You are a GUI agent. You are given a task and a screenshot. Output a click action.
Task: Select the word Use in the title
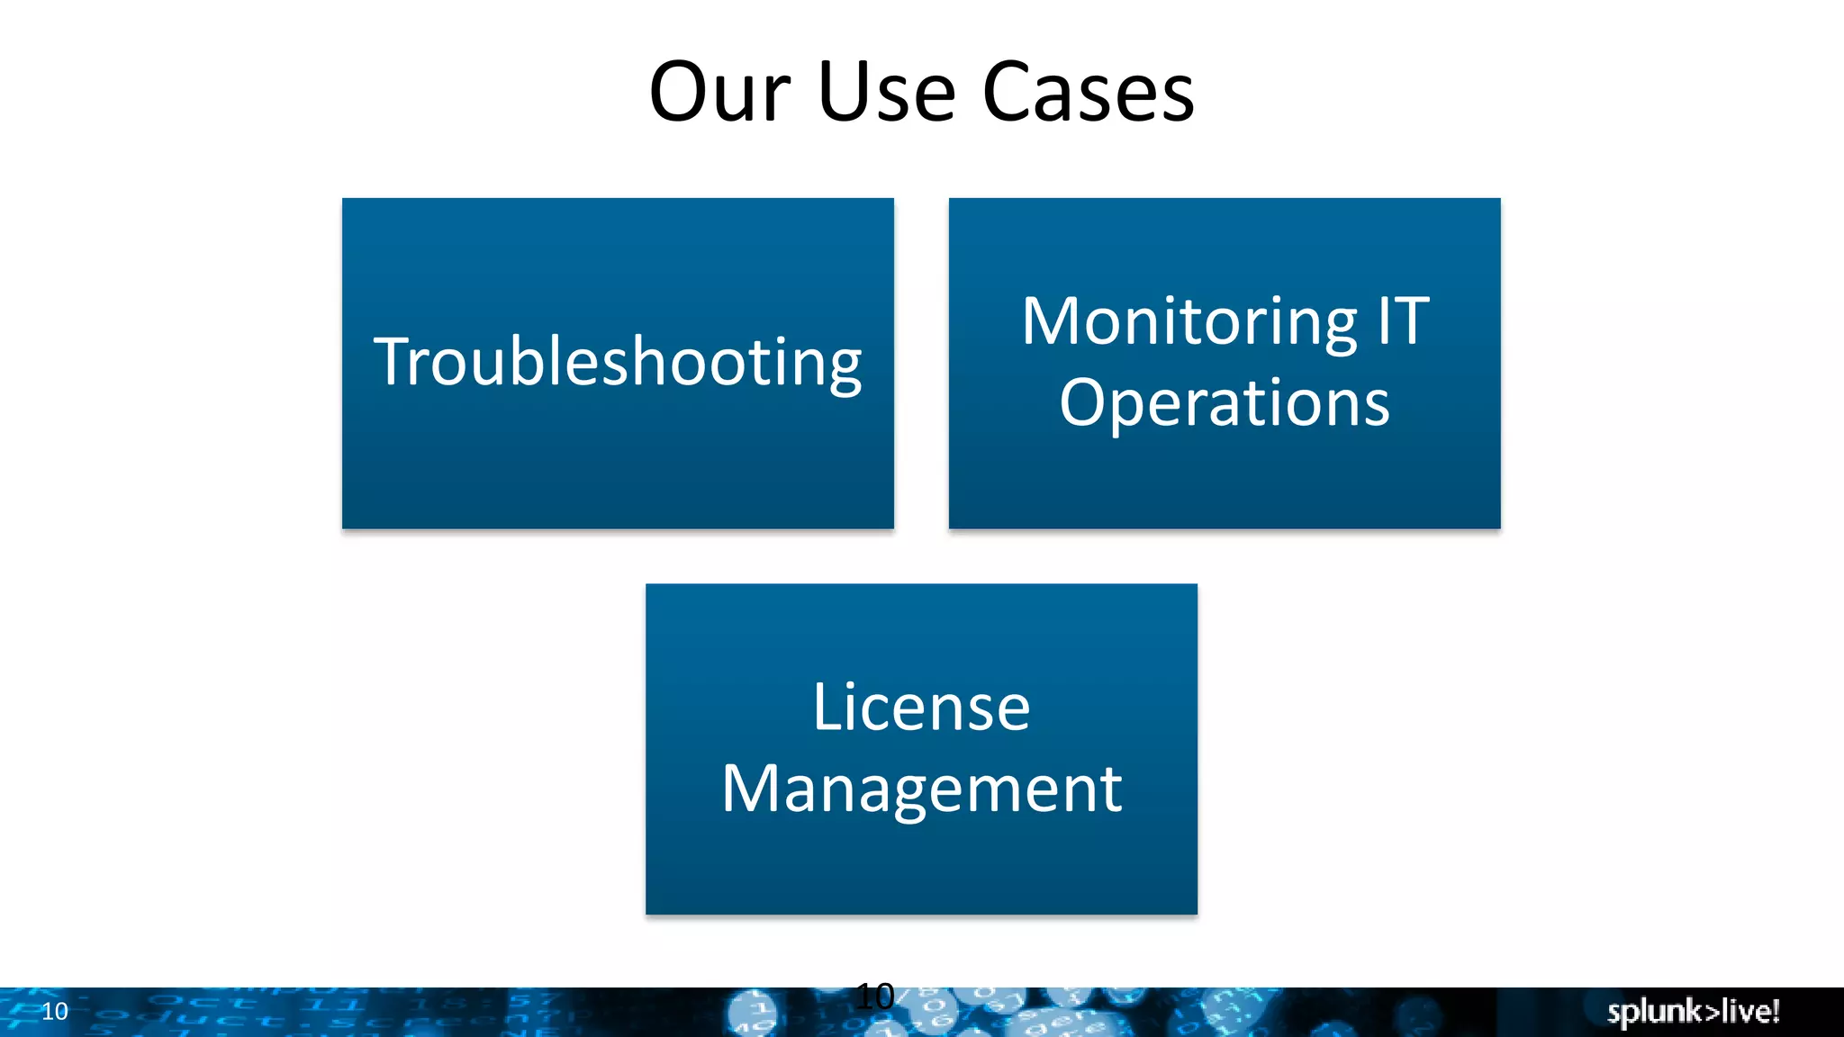(x=886, y=93)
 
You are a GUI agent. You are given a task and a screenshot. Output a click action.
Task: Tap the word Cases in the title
(x=1088, y=93)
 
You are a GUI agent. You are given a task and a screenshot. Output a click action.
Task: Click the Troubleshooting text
(x=618, y=362)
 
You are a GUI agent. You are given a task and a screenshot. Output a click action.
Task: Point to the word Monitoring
(x=1189, y=321)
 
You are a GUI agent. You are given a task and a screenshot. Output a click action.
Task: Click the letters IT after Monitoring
(x=1403, y=321)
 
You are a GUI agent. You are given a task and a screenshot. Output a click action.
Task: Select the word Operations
(x=1225, y=402)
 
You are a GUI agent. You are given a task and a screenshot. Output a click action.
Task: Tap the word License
(x=921, y=708)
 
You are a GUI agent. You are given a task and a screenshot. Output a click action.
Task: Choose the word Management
(x=921, y=789)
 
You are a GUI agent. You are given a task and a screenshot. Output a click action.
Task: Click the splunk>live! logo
(x=1693, y=1012)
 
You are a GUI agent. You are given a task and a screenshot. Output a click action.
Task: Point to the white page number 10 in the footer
(x=55, y=1012)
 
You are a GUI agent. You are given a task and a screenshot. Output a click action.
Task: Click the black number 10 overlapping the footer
(x=874, y=996)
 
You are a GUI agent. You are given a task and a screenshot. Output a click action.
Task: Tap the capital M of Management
(x=753, y=789)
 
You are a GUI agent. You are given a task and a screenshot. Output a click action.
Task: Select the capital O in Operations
(x=1081, y=402)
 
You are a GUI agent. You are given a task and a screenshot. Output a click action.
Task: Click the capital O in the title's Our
(x=677, y=93)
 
